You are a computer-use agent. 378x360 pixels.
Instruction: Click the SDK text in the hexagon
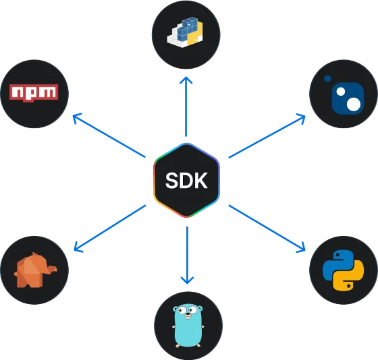click(186, 181)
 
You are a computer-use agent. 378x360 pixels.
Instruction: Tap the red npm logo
click(34, 93)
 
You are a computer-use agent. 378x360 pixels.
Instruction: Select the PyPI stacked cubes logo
click(185, 32)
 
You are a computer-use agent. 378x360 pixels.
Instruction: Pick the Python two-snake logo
click(344, 270)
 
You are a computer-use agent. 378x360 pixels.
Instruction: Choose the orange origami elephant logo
click(35, 270)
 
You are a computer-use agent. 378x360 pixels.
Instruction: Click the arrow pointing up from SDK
click(186, 107)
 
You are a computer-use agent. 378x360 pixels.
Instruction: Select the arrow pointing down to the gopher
click(187, 256)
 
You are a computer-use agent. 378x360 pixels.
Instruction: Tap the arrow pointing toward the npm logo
click(109, 135)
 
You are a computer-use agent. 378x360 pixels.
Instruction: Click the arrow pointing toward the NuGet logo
click(267, 136)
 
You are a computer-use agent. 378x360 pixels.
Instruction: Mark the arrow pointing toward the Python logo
click(267, 229)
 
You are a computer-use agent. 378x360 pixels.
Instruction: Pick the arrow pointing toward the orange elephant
click(109, 229)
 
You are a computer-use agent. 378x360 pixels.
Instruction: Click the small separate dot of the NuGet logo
click(327, 78)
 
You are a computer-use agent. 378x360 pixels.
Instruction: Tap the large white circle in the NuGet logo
click(354, 104)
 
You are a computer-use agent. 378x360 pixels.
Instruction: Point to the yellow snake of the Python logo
click(352, 277)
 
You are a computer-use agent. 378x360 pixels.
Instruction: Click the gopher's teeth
click(188, 317)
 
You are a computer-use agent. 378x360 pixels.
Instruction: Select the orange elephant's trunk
click(52, 269)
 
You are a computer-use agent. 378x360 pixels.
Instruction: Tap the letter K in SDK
click(199, 181)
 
